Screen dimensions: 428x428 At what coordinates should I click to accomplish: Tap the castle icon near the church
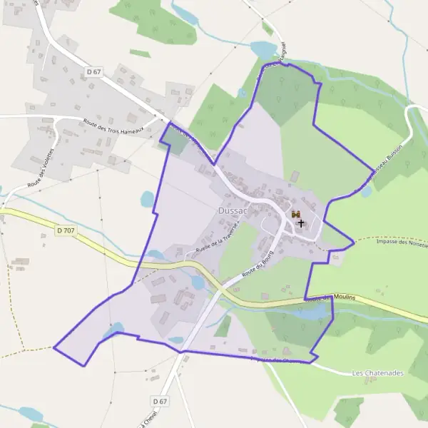296,214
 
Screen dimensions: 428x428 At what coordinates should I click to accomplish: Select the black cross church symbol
300,223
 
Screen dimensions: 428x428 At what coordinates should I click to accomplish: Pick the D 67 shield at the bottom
159,402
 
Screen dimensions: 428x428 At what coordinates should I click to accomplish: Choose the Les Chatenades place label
377,373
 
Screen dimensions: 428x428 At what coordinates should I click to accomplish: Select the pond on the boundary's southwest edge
113,329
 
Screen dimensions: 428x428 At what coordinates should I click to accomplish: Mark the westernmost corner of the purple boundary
54,347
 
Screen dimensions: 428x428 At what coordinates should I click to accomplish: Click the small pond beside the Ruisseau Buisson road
366,191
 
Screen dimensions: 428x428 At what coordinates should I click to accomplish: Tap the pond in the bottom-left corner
31,414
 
